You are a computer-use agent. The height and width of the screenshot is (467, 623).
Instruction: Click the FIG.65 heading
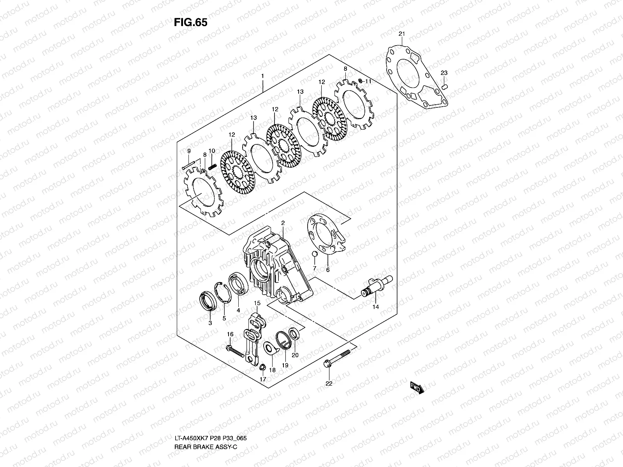tap(190, 23)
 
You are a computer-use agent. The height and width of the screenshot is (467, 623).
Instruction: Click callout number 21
tap(402, 34)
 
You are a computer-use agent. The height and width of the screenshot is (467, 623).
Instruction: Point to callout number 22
tap(329, 383)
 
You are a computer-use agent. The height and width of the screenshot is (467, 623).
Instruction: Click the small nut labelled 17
tap(262, 367)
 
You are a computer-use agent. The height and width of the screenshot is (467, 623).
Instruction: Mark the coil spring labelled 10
tap(212, 166)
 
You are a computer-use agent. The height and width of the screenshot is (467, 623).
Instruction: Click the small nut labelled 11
tap(361, 81)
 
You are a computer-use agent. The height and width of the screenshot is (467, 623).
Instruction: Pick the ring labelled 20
tap(295, 334)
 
